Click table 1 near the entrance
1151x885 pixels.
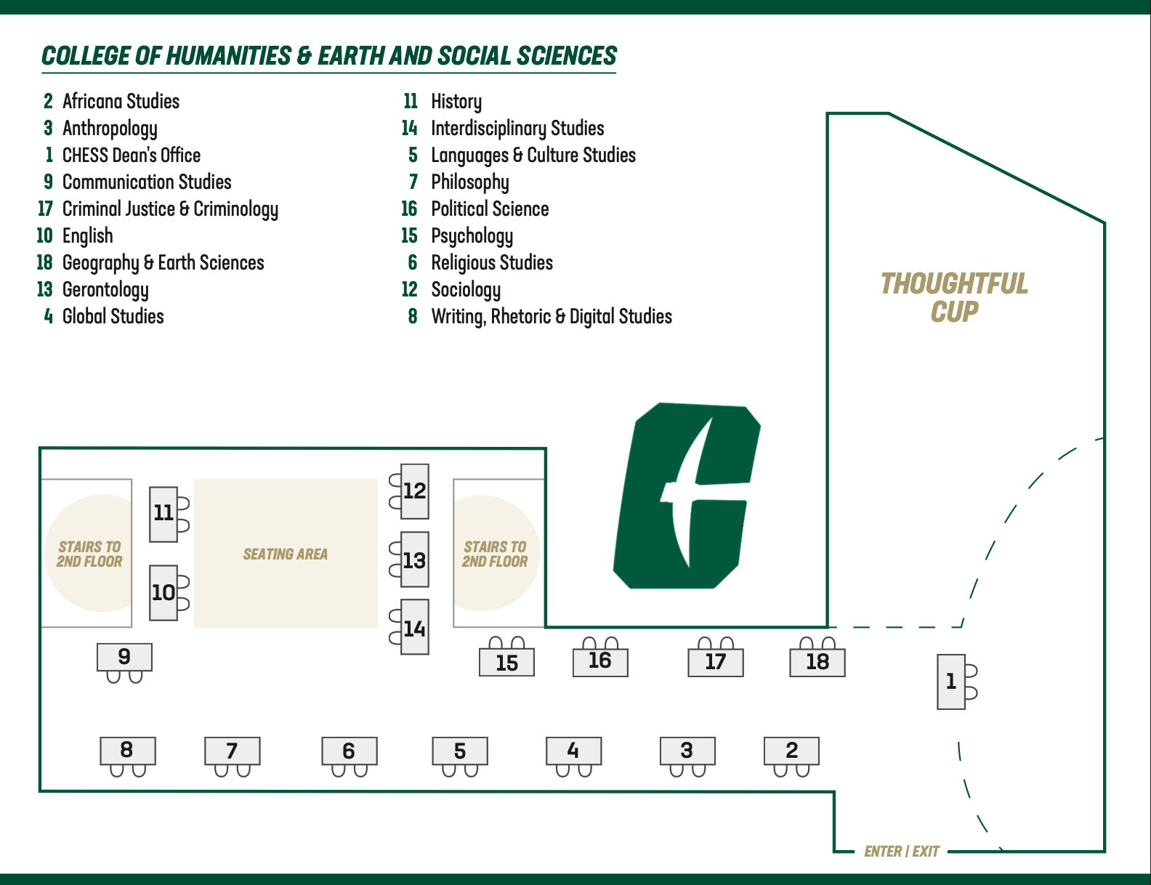(x=951, y=682)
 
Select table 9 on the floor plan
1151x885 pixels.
(x=124, y=657)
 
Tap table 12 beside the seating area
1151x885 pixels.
(x=415, y=491)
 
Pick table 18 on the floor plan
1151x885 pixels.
(x=817, y=662)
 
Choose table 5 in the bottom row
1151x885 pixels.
(x=460, y=751)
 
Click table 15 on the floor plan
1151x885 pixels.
(x=506, y=663)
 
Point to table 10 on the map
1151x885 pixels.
(x=163, y=592)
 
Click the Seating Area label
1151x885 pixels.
(x=286, y=554)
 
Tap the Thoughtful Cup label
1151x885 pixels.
(x=954, y=297)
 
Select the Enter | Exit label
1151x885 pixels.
(x=902, y=851)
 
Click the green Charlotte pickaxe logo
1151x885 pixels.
(x=686, y=496)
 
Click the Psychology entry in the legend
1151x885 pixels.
(x=472, y=235)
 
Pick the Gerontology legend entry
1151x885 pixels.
(x=105, y=289)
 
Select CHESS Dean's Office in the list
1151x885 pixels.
(x=132, y=155)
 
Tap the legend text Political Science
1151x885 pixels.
(x=490, y=209)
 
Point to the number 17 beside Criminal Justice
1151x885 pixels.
(x=45, y=209)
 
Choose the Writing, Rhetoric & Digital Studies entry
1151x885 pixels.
(x=551, y=316)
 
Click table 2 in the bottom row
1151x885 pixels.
(x=791, y=750)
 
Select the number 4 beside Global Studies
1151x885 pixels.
(x=49, y=316)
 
